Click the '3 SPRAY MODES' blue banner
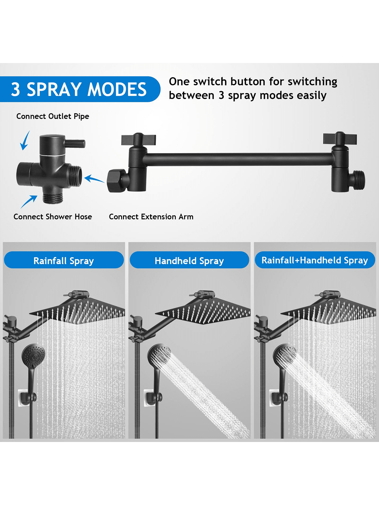point(79,89)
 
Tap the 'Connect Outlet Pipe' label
point(53,116)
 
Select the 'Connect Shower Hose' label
point(53,217)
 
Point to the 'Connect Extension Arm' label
point(151,217)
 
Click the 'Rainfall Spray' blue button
point(64,260)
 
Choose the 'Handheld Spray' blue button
point(189,260)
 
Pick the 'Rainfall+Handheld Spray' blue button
point(315,260)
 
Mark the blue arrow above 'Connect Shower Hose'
point(29,201)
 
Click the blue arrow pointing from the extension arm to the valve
point(94,179)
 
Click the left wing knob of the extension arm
point(139,139)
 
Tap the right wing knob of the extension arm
point(340,138)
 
